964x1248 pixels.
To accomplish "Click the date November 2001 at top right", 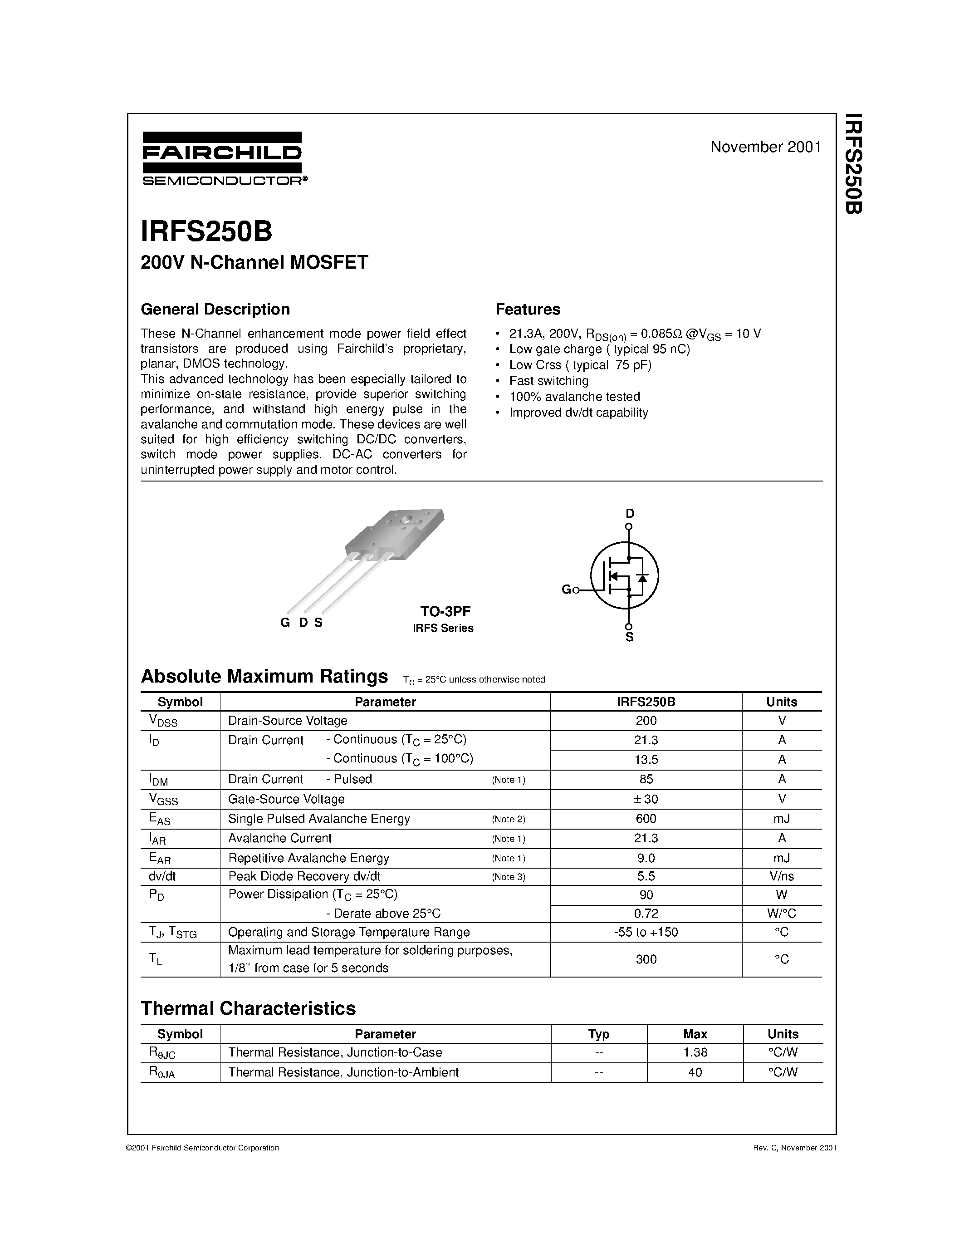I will [765, 147].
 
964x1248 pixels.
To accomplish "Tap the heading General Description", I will [215, 309].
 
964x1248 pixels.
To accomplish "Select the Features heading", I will [528, 309].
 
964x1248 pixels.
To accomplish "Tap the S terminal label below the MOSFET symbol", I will [629, 637].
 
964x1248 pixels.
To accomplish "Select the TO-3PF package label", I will [445, 611].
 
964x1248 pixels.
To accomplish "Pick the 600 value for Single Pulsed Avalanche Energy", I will [646, 819].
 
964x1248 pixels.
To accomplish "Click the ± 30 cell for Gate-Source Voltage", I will [646, 799].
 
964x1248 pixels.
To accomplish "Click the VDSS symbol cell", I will [163, 721].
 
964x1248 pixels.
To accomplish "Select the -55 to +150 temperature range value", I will [646, 932].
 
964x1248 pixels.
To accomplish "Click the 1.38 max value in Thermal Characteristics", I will [695, 1052].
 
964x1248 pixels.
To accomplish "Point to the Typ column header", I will [598, 1034].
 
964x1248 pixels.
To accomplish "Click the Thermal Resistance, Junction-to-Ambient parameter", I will [343, 1072].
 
